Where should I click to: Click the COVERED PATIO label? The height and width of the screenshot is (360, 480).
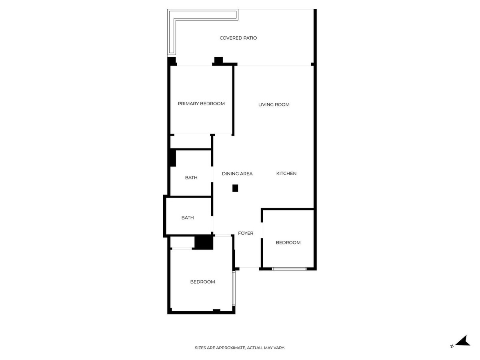pyautogui.click(x=238, y=38)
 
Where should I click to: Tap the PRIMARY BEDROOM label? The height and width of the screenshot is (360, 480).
pyautogui.click(x=201, y=104)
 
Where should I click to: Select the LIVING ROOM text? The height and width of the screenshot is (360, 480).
pyautogui.click(x=274, y=105)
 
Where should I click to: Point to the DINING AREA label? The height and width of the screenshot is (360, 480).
pyautogui.click(x=237, y=174)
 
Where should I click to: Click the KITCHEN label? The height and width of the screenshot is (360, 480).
pyautogui.click(x=286, y=174)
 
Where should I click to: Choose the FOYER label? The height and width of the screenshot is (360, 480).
pyautogui.click(x=246, y=233)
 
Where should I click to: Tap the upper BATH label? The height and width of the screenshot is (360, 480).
pyautogui.click(x=191, y=178)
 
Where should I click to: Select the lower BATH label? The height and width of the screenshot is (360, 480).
pyautogui.click(x=188, y=218)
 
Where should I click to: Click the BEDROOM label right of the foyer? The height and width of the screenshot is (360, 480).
pyautogui.click(x=288, y=242)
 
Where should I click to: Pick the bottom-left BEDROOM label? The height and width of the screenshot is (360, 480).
pyautogui.click(x=202, y=282)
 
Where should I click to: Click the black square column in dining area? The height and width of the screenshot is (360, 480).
pyautogui.click(x=235, y=188)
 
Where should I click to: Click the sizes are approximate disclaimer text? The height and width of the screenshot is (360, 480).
pyautogui.click(x=240, y=348)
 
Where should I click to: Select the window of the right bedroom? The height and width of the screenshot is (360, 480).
pyautogui.click(x=289, y=269)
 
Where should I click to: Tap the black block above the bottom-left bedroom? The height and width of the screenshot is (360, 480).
pyautogui.click(x=204, y=242)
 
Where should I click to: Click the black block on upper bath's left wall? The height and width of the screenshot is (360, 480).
pyautogui.click(x=172, y=158)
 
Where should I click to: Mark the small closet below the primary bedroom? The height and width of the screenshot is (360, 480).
pyautogui.click(x=191, y=142)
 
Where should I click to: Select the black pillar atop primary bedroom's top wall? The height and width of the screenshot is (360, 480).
pyautogui.click(x=218, y=60)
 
